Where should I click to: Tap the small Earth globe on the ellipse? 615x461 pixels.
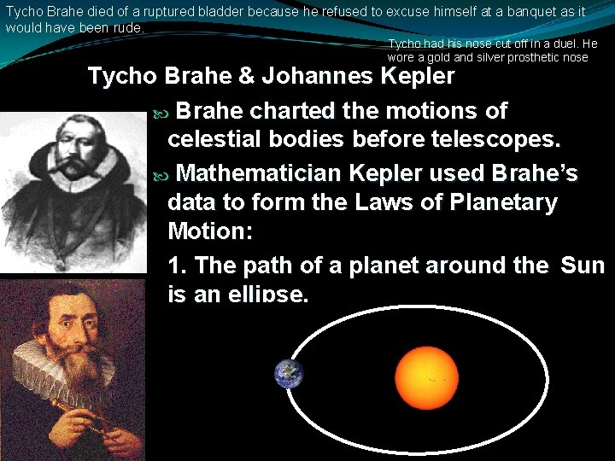289,374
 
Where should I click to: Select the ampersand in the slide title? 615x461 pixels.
246,77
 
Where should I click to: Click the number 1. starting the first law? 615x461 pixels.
178,266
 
